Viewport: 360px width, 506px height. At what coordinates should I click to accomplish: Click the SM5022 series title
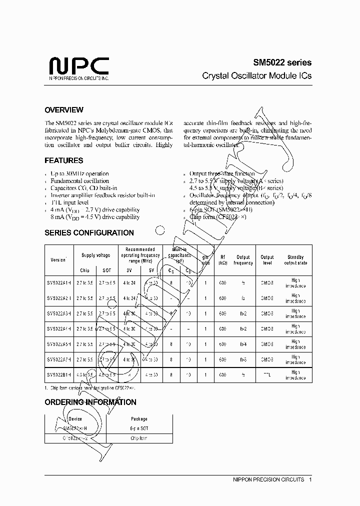(x=281, y=62)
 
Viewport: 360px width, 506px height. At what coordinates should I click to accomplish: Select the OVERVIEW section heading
(x=64, y=110)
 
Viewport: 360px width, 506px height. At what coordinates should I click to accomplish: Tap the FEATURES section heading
(x=64, y=161)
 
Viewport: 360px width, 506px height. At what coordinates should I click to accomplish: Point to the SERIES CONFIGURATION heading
(x=89, y=233)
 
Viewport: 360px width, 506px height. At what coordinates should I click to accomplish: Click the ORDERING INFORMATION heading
(x=90, y=402)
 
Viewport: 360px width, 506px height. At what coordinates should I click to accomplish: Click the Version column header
(x=58, y=260)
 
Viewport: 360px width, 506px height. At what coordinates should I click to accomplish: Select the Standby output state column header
(x=295, y=260)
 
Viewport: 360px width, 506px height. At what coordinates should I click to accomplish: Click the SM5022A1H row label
(x=59, y=283)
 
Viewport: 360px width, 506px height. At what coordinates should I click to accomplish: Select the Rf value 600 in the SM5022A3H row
(x=222, y=313)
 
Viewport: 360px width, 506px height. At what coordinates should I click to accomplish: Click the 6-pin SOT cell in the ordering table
(x=139, y=429)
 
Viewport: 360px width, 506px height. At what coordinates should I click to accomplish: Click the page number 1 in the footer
(x=310, y=479)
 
